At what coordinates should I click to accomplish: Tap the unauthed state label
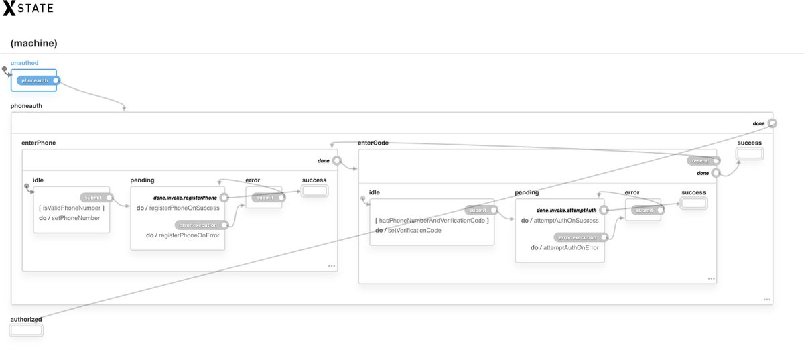tap(24, 63)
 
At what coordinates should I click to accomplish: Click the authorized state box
tap(26, 330)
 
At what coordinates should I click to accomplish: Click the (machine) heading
tap(33, 43)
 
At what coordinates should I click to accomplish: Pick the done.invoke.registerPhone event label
tap(185, 198)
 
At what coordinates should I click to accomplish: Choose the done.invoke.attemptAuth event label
tap(566, 210)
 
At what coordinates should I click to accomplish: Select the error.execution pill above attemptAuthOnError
tap(578, 237)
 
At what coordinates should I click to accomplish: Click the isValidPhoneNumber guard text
tap(72, 208)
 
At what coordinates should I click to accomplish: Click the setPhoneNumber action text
tap(75, 218)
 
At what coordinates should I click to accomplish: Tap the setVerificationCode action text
tap(413, 230)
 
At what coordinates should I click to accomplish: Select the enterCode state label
tap(373, 143)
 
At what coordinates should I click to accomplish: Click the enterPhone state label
tap(39, 143)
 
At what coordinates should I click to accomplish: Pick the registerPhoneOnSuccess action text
tap(184, 208)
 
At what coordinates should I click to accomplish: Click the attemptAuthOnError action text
tap(570, 247)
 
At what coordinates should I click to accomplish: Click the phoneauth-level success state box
tap(750, 154)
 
